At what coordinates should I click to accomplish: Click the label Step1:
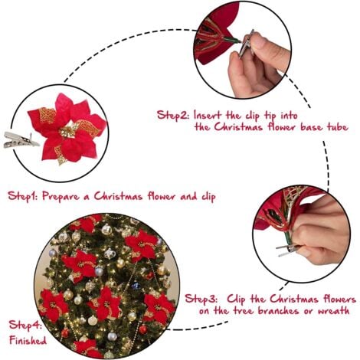point(25,196)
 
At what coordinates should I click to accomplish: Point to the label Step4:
point(25,325)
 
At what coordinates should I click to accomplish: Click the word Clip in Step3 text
point(247,299)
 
